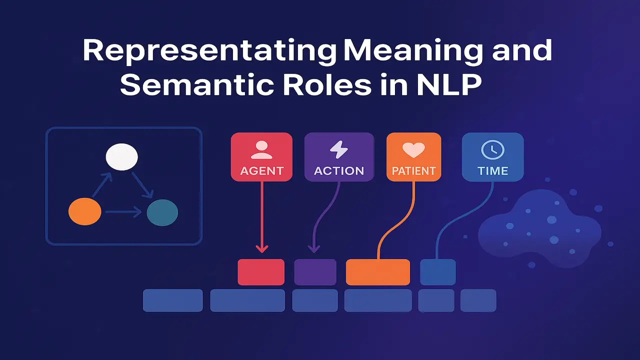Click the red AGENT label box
(261, 156)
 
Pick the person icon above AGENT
(261, 149)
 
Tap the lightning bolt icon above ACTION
(338, 149)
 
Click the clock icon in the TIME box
(492, 149)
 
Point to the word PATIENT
(413, 171)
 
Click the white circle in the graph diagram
(121, 156)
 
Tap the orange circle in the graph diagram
(84, 211)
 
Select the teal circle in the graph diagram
(162, 212)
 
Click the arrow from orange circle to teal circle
(123, 212)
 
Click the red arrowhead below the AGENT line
(261, 248)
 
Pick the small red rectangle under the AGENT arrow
(261, 272)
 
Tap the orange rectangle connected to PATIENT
(377, 272)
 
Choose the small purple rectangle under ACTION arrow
(315, 272)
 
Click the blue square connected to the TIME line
(438, 272)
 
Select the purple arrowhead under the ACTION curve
(313, 248)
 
